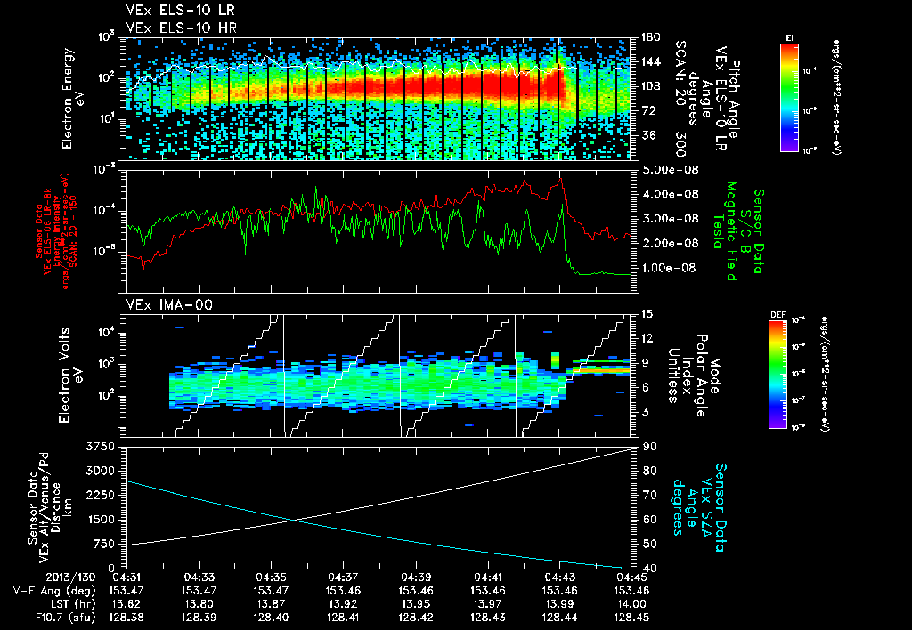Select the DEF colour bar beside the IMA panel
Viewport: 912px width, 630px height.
pyautogui.click(x=778, y=373)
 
